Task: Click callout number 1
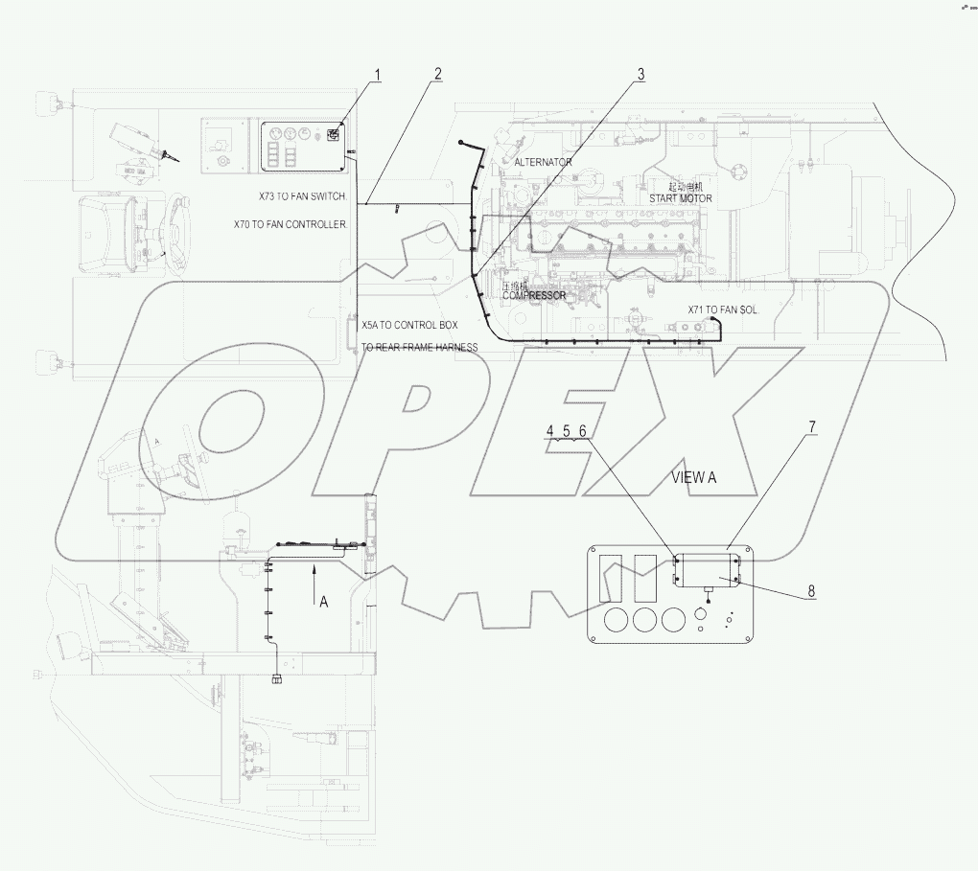click(x=378, y=74)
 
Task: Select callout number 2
click(x=437, y=74)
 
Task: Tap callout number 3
click(x=640, y=74)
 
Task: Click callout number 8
click(x=811, y=591)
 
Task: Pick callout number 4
click(x=550, y=431)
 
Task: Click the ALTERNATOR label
click(x=543, y=162)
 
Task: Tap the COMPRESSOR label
click(x=531, y=296)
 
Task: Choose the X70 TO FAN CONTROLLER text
click(x=291, y=224)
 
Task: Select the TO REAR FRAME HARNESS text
click(x=419, y=347)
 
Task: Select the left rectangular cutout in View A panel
click(x=610, y=578)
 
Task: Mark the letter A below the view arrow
click(x=323, y=602)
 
